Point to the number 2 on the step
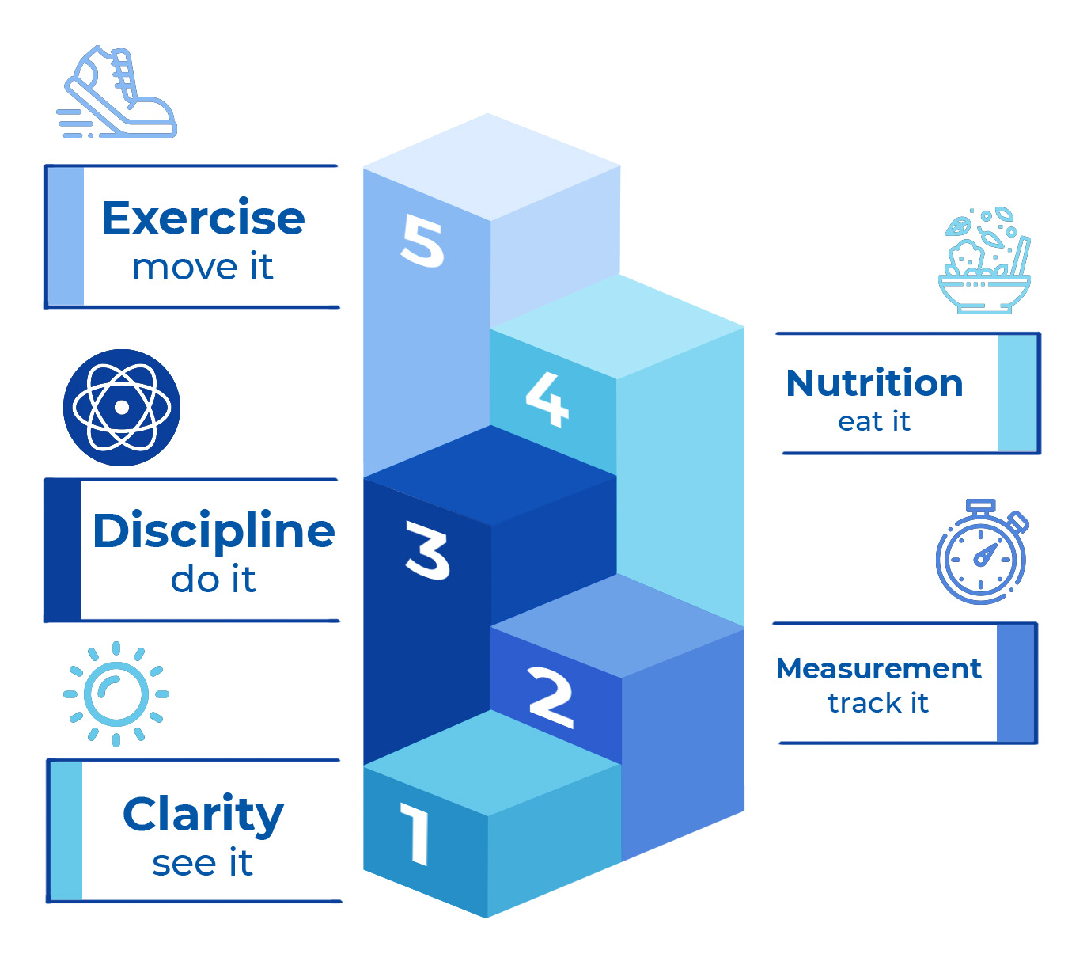[551, 697]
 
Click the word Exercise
[203, 218]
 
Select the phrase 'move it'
[203, 268]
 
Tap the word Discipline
[214, 530]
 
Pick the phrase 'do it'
[213, 580]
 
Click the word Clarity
[203, 814]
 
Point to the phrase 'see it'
[203, 863]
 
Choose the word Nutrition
[874, 383]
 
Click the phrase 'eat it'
[874, 421]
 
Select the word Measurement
[878, 669]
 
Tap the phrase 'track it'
[878, 703]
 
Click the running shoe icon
[118, 93]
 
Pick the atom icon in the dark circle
[122, 407]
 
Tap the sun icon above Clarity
[116, 694]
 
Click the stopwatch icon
[982, 552]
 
